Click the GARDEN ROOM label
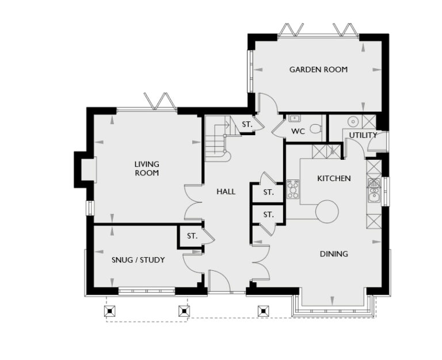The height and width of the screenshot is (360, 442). coord(318,70)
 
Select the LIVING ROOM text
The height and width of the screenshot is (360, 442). coord(147,168)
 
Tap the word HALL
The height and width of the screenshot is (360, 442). coord(226,192)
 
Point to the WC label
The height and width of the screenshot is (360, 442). coord(298,131)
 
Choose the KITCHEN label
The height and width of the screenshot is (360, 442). coord(334,178)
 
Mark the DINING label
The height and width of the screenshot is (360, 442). coord(334,254)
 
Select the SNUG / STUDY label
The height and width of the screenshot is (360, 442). coord(138,260)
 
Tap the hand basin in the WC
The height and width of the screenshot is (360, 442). coord(295,118)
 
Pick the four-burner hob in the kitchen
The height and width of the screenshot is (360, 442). coord(293,189)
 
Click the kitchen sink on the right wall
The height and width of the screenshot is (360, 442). coord(374,190)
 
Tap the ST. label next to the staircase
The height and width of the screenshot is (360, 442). coord(247,124)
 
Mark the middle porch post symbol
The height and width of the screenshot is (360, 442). coord(184,311)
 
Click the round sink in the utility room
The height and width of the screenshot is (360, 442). coord(353,121)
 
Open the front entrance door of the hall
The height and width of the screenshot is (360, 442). coord(219,282)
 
